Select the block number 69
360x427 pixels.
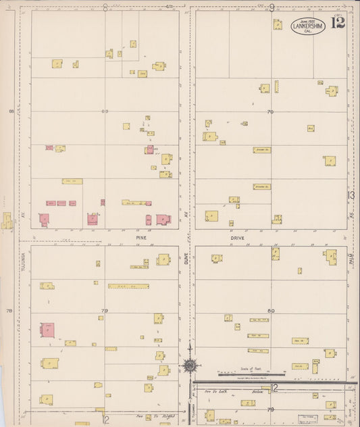click(105, 111)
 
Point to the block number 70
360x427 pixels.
click(270, 111)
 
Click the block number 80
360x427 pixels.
click(271, 311)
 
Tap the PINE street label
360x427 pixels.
click(141, 237)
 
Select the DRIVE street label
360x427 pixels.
click(236, 237)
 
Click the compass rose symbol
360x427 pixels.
click(190, 366)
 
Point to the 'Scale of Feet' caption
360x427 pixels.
click(251, 369)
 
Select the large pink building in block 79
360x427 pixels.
click(48, 330)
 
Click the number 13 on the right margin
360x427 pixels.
click(351, 196)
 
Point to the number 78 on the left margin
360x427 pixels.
click(9, 311)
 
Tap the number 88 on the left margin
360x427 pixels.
click(10, 111)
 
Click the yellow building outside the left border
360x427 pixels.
click(7, 221)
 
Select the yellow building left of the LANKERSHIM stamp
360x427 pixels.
click(278, 24)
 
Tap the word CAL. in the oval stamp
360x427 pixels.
click(307, 31)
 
